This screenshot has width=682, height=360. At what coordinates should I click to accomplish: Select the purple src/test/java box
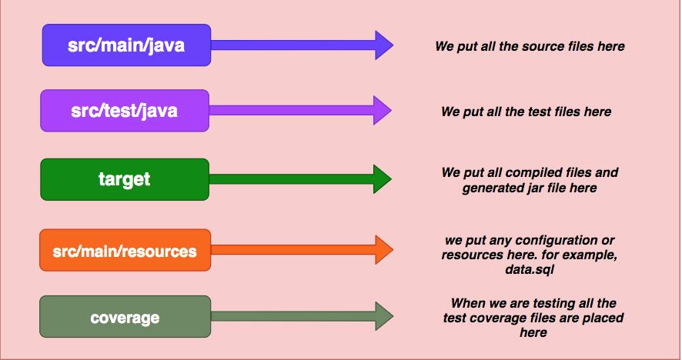(x=124, y=110)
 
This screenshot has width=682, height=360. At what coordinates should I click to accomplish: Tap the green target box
(x=124, y=179)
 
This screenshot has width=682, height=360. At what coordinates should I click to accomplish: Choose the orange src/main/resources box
(x=124, y=251)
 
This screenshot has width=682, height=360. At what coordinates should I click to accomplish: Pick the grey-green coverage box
(x=124, y=317)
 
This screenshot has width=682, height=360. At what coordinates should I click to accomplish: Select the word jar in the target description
(x=547, y=187)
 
